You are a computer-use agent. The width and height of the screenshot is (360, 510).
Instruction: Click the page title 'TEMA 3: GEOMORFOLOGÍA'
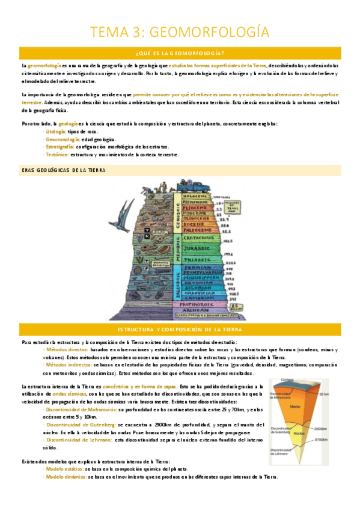point(180,31)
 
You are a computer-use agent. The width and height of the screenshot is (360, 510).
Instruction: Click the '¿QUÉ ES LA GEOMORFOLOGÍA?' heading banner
point(180,52)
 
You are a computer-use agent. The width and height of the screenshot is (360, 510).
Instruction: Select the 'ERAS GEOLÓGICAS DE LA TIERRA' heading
point(63,171)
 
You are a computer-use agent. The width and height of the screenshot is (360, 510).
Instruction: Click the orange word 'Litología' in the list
point(55,131)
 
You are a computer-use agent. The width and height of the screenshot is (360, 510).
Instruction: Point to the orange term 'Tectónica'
point(56,155)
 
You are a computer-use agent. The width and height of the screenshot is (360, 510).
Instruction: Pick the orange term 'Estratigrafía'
point(59,147)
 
